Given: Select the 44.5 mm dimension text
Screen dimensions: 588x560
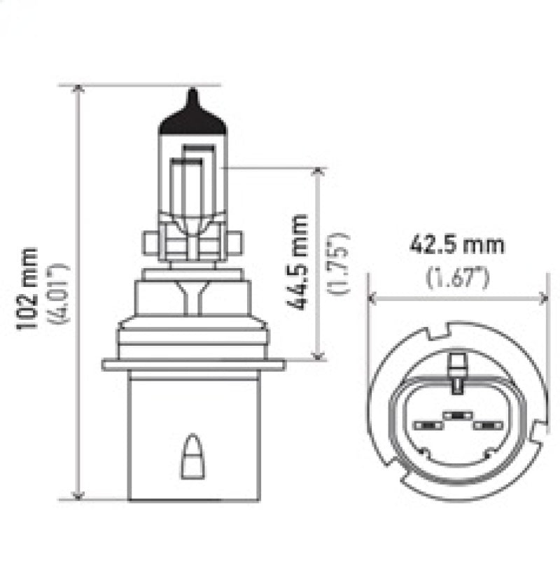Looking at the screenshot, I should pyautogui.click(x=300, y=262).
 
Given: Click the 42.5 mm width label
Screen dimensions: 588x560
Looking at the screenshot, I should pyautogui.click(x=456, y=246).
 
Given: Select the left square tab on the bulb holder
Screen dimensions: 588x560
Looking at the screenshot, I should pyautogui.click(x=149, y=244).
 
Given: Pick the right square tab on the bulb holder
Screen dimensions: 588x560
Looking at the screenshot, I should pyautogui.click(x=235, y=244).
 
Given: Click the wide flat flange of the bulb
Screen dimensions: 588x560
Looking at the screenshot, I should pyautogui.click(x=193, y=364).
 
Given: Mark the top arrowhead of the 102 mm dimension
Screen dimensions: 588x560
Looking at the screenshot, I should pyautogui.click(x=78, y=89).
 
